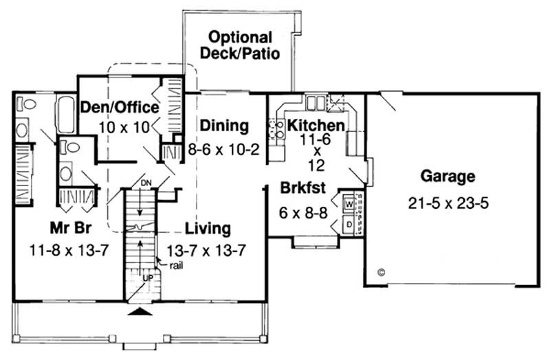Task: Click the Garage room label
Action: pyautogui.click(x=447, y=177)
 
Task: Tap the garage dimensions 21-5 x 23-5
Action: pyautogui.click(x=447, y=204)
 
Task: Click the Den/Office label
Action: pyautogui.click(x=120, y=108)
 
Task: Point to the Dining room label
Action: pyautogui.click(x=224, y=126)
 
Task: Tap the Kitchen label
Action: pyautogui.click(x=316, y=126)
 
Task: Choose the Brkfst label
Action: pyautogui.click(x=301, y=188)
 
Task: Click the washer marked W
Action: pyautogui.click(x=349, y=204)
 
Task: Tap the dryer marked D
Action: pyautogui.click(x=349, y=225)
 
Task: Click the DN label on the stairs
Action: pyautogui.click(x=144, y=184)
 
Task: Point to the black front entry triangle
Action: pyautogui.click(x=140, y=313)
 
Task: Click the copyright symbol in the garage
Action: pyautogui.click(x=381, y=272)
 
